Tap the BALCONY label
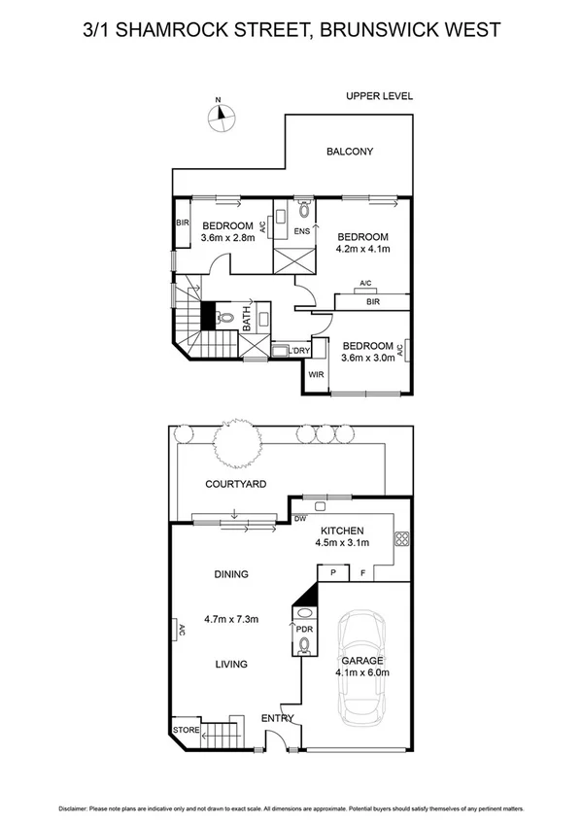350,152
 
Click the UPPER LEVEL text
380,96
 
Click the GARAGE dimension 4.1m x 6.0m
361,671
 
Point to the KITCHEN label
342,531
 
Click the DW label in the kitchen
300,519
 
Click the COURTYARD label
236,483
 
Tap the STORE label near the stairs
186,729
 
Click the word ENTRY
277,719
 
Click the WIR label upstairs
316,374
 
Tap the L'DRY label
301,350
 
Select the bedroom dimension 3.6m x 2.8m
227,237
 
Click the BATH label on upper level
247,318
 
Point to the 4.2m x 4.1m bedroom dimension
362,249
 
